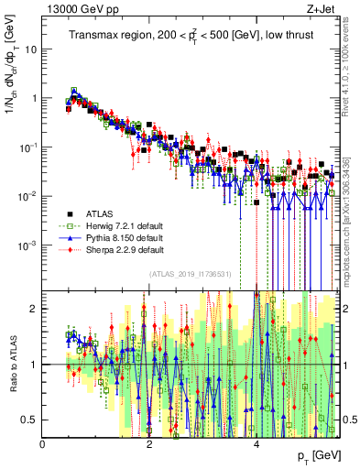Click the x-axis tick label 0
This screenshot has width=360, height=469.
pos(42,443)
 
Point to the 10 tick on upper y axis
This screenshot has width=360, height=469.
pos(28,49)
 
